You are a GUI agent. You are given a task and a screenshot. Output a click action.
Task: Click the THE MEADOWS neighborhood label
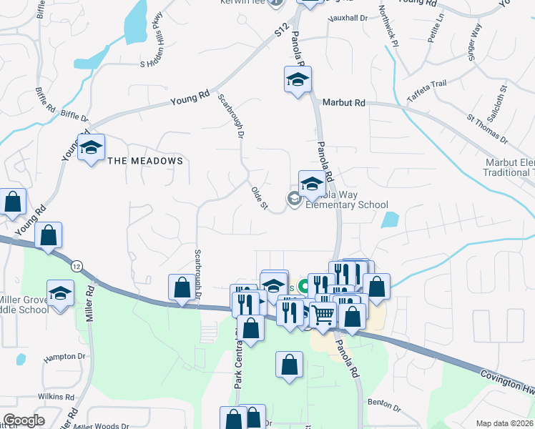click(x=145, y=161)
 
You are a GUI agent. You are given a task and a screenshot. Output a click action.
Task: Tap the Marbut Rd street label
click(x=343, y=103)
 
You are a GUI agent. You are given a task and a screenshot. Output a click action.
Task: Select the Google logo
click(x=24, y=420)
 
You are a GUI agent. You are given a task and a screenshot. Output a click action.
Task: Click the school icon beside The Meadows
click(x=91, y=149)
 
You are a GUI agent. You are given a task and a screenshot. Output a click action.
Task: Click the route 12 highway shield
click(x=76, y=266)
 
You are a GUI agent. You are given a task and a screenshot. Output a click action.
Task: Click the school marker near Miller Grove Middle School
click(x=61, y=293)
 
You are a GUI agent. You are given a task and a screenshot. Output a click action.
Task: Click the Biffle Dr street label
click(x=74, y=116)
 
